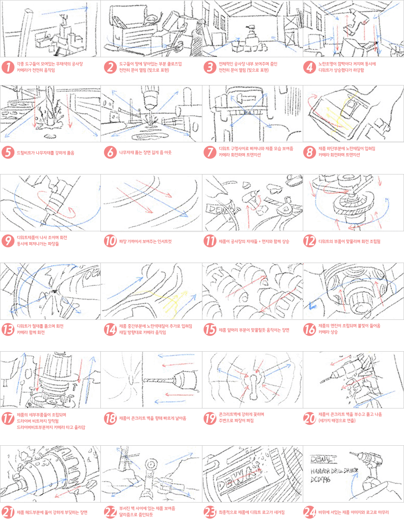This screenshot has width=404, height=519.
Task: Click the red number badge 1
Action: coord(8,67)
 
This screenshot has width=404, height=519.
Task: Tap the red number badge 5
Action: coord(8,152)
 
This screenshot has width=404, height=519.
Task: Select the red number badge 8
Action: coord(309,152)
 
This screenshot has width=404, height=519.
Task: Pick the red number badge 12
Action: coord(309,241)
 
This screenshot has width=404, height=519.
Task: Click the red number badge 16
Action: coord(309,329)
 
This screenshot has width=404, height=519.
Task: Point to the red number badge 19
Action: coord(210,418)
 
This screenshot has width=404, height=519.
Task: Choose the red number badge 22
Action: coord(110,512)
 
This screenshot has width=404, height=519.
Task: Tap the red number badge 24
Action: coord(309,512)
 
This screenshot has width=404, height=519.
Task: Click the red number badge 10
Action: coord(110,241)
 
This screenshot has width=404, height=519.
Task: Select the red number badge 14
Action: coord(110,329)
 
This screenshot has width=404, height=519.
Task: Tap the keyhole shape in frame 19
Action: coord(253,382)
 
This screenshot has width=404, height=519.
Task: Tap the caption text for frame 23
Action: coord(251,512)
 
